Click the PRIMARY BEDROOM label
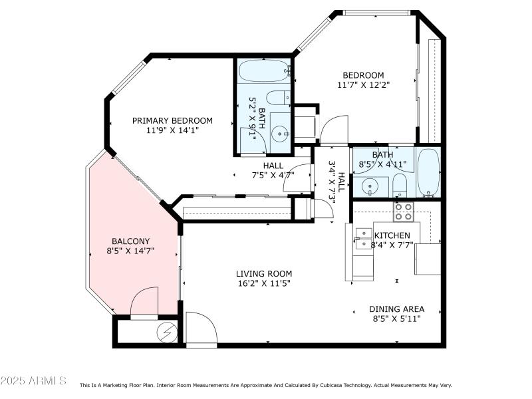pyautogui.click(x=172, y=120)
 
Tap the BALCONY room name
pyautogui.click(x=130, y=241)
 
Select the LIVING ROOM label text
pyautogui.click(x=264, y=273)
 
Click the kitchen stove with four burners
pyautogui.click(x=403, y=211)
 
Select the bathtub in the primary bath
pyautogui.click(x=263, y=69)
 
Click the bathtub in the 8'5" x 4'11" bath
pyautogui.click(x=429, y=172)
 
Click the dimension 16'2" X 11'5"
pyautogui.click(x=264, y=283)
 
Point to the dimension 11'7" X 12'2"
pyautogui.click(x=363, y=85)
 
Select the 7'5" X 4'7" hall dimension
pyautogui.click(x=273, y=176)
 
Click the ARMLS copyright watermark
pyautogui.click(x=33, y=381)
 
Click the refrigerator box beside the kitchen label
pyautogui.click(x=428, y=259)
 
